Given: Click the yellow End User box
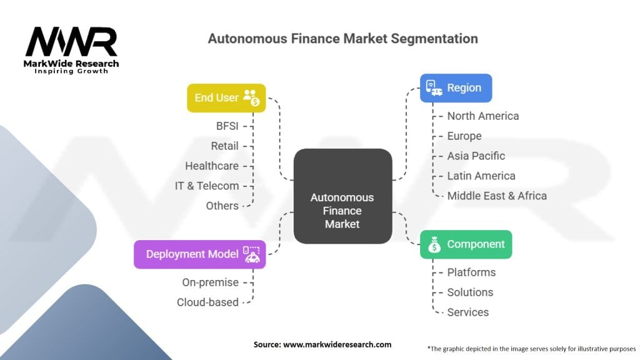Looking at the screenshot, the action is (226, 98).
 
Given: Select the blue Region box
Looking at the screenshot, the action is (456, 87).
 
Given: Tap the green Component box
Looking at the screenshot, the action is (466, 244).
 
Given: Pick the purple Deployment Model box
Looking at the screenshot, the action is (199, 254).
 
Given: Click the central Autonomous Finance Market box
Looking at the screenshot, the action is (343, 196).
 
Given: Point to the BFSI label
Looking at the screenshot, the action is (227, 126).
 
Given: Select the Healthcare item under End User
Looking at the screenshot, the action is (212, 166).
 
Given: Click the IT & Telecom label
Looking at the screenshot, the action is (207, 186).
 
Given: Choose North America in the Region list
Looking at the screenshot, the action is (483, 116).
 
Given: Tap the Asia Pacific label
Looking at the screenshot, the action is (476, 156).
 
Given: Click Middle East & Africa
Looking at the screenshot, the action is (497, 196).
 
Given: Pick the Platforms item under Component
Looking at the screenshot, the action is (471, 272).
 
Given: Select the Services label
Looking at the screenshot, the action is (467, 312).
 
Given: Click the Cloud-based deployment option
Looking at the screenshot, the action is (207, 302).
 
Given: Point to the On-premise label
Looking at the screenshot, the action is (210, 282).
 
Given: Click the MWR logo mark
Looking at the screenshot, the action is (71, 41).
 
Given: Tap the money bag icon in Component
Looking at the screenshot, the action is (434, 244).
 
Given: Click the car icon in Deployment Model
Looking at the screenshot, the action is (251, 254).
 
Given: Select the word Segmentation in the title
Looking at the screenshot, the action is (434, 39).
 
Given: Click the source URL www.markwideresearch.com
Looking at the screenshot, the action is (337, 344).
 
